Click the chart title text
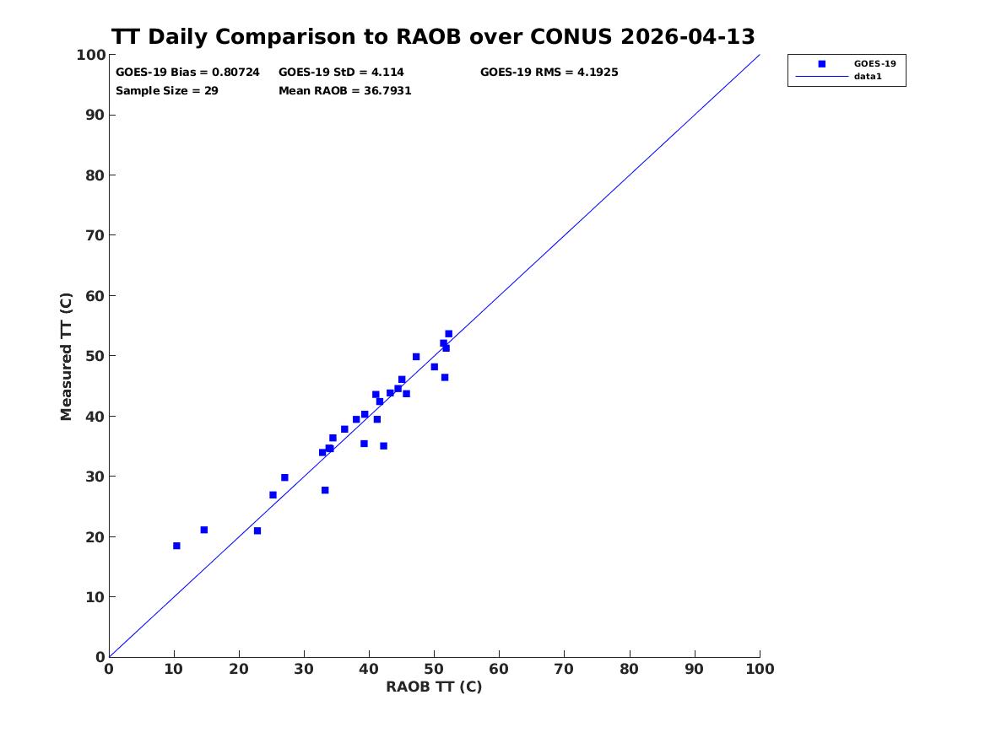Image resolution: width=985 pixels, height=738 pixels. [433, 36]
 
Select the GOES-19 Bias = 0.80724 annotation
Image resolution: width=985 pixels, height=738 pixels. [187, 73]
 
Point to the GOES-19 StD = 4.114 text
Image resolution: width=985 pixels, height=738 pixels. [341, 73]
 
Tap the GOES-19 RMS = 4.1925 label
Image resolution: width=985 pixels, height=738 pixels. [549, 73]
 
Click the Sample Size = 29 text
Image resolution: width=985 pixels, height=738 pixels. [166, 91]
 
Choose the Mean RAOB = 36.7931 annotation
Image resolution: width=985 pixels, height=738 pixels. [345, 91]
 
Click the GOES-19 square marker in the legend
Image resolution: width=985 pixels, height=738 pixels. [821, 63]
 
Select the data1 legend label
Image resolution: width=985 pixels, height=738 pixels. [868, 77]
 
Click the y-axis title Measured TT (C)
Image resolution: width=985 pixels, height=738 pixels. [66, 357]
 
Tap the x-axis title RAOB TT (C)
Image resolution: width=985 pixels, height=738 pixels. [434, 687]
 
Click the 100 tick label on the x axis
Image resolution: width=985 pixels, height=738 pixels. [760, 669]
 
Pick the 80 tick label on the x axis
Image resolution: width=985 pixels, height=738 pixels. [629, 669]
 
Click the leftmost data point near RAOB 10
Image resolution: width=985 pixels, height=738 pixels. [176, 546]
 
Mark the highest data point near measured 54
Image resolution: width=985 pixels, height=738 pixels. [448, 334]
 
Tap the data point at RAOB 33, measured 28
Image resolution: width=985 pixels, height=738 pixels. [325, 490]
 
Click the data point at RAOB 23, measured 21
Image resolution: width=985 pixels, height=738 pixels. [257, 531]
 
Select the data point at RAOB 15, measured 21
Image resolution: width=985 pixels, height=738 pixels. [203, 530]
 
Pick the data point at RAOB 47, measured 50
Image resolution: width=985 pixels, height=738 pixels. [416, 357]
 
